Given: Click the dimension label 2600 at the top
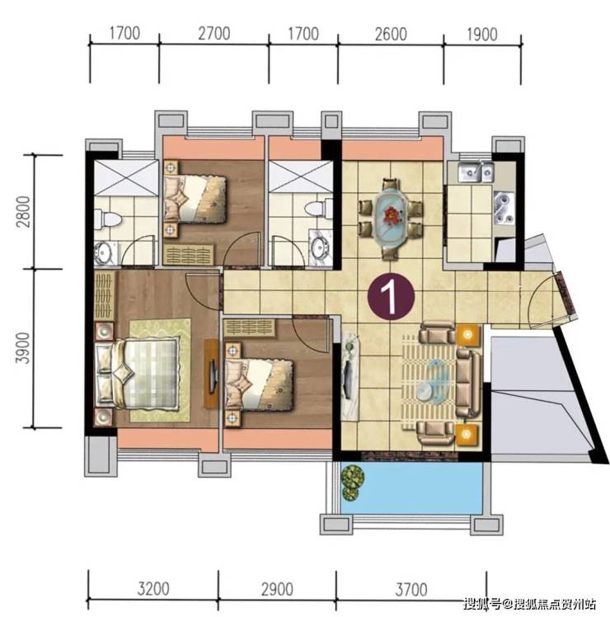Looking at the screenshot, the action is tap(390, 35).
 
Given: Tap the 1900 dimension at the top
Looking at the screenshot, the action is tap(481, 35).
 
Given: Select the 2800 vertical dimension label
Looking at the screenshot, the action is tap(24, 212).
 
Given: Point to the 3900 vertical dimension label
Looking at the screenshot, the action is tap(24, 348).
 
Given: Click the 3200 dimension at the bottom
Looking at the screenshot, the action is tap(153, 589).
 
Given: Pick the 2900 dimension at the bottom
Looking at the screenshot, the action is tap(277, 589).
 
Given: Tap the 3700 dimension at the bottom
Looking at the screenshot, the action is tap(411, 589).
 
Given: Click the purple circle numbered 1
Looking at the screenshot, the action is tap(391, 297).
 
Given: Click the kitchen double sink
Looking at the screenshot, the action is tap(476, 172).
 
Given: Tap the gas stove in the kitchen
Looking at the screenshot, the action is tap(504, 209).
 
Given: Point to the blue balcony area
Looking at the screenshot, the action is tap(411, 488).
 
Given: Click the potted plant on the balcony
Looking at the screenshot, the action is tap(352, 483).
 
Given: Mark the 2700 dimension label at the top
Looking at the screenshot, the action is tap(213, 34).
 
